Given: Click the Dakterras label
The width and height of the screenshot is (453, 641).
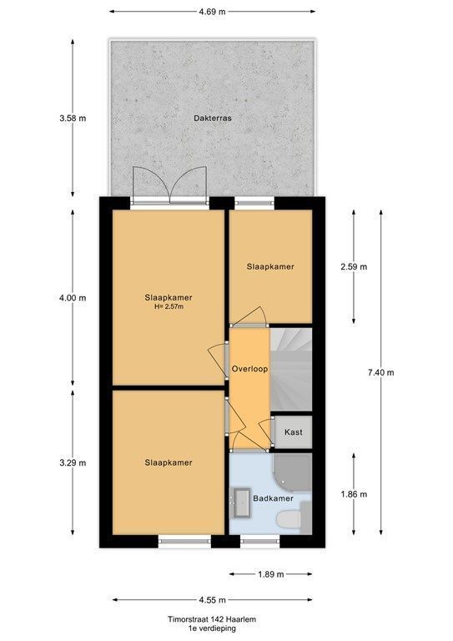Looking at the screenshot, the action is click(213, 119).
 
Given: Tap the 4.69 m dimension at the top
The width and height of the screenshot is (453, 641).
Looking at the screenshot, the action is click(213, 12).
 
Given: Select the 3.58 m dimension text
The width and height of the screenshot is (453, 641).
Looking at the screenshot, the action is click(73, 119).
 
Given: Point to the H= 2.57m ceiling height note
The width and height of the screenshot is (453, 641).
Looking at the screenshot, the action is click(169, 306).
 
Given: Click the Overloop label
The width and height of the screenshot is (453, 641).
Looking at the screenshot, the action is click(249, 369).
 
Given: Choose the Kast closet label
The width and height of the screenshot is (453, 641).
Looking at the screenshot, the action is click(294, 432).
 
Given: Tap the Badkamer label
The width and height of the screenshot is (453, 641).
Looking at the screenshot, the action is click(273, 498).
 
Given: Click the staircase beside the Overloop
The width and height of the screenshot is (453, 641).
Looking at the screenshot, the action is click(291, 369).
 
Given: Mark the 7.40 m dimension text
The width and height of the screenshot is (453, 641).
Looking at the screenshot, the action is click(380, 372).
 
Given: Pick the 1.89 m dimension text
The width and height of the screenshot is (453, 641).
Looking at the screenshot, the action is click(270, 574).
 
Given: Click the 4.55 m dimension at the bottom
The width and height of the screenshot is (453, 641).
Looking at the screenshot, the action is click(213, 600).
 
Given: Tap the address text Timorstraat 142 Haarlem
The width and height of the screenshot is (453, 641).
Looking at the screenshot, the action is click(212, 619).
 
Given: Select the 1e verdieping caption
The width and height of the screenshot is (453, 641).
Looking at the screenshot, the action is click(212, 628).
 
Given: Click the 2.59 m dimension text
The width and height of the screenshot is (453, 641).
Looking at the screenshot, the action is click(354, 267).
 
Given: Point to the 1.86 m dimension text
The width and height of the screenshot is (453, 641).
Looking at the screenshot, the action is click(354, 494).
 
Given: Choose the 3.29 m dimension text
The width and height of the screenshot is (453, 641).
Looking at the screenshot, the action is click(73, 463).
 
